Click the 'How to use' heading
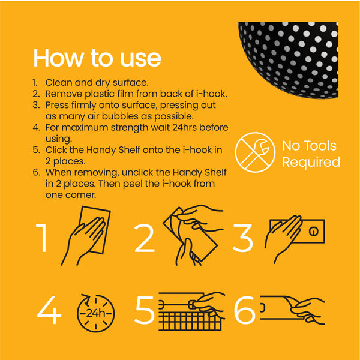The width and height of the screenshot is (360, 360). pos(97,58)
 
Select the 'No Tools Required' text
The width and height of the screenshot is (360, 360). pos(311,154)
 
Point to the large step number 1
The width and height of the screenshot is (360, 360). pos(42,238)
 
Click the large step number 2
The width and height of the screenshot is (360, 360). pos(144,238)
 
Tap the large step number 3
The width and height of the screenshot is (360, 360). pos(243,238)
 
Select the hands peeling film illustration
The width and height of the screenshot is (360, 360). pos(190,235)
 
